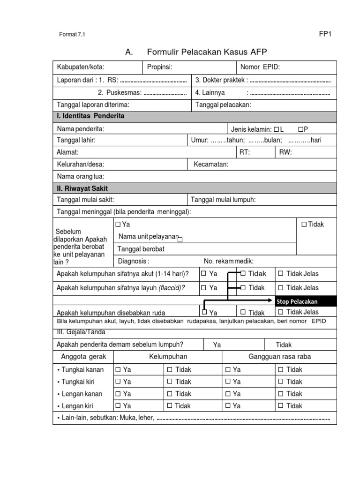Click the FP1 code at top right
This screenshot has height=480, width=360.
[325, 33]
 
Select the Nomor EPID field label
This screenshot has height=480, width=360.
[260, 67]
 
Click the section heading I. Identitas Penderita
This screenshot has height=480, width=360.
[90, 116]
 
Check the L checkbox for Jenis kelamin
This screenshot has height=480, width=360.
[276, 129]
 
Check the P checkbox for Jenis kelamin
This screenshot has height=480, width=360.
[300, 129]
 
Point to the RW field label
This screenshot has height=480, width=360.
[285, 152]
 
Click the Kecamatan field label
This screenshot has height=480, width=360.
[211, 165]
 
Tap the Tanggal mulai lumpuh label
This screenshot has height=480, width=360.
[223, 200]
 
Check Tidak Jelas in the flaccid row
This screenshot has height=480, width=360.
[281, 288]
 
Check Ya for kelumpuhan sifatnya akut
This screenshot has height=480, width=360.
[203, 274]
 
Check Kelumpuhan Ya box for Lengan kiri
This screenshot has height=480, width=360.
[118, 405]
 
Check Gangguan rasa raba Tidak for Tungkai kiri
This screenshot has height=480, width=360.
[281, 382]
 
